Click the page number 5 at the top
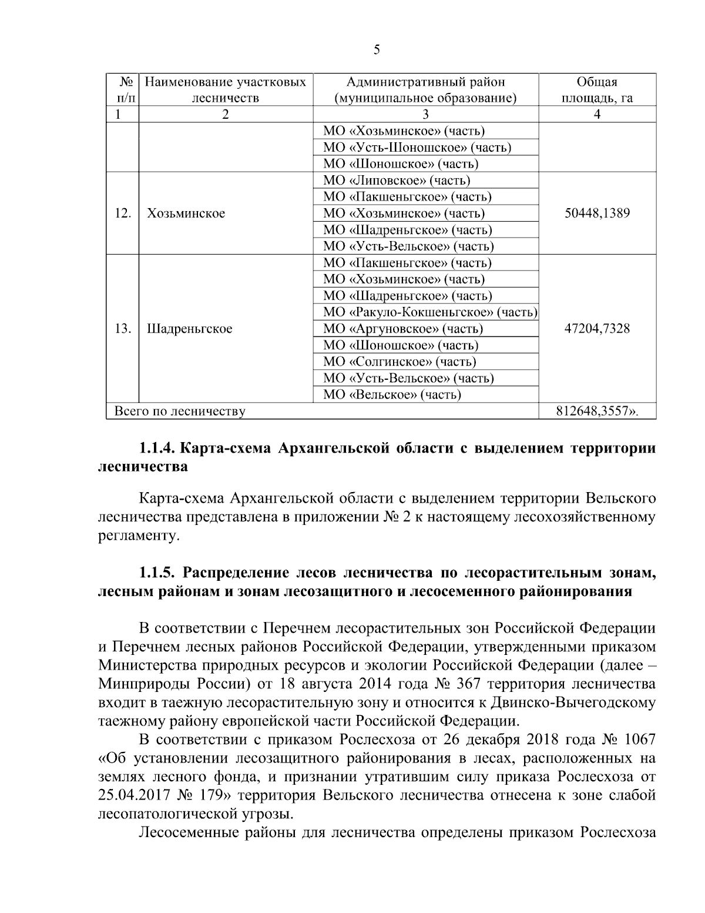point(377,50)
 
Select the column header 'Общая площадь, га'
point(596,90)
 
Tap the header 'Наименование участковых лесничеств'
point(226,90)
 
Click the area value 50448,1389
point(596,213)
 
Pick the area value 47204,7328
point(596,328)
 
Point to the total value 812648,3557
point(596,412)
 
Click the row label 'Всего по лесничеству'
point(179,412)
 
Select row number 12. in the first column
point(122,213)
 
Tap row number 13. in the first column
point(122,328)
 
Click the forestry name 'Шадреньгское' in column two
point(189,329)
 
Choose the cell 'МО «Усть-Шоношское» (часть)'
point(417,148)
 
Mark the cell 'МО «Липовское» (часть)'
point(397,180)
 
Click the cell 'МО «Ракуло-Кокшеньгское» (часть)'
point(430,312)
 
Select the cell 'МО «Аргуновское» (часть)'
point(403,329)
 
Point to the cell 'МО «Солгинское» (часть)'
point(399,362)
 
